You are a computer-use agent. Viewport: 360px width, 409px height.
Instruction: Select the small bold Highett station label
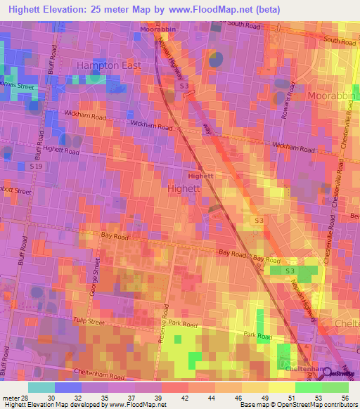point(200,176)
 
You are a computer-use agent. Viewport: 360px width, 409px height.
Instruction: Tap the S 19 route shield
point(37,167)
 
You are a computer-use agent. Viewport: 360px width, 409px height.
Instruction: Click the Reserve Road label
point(167,326)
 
